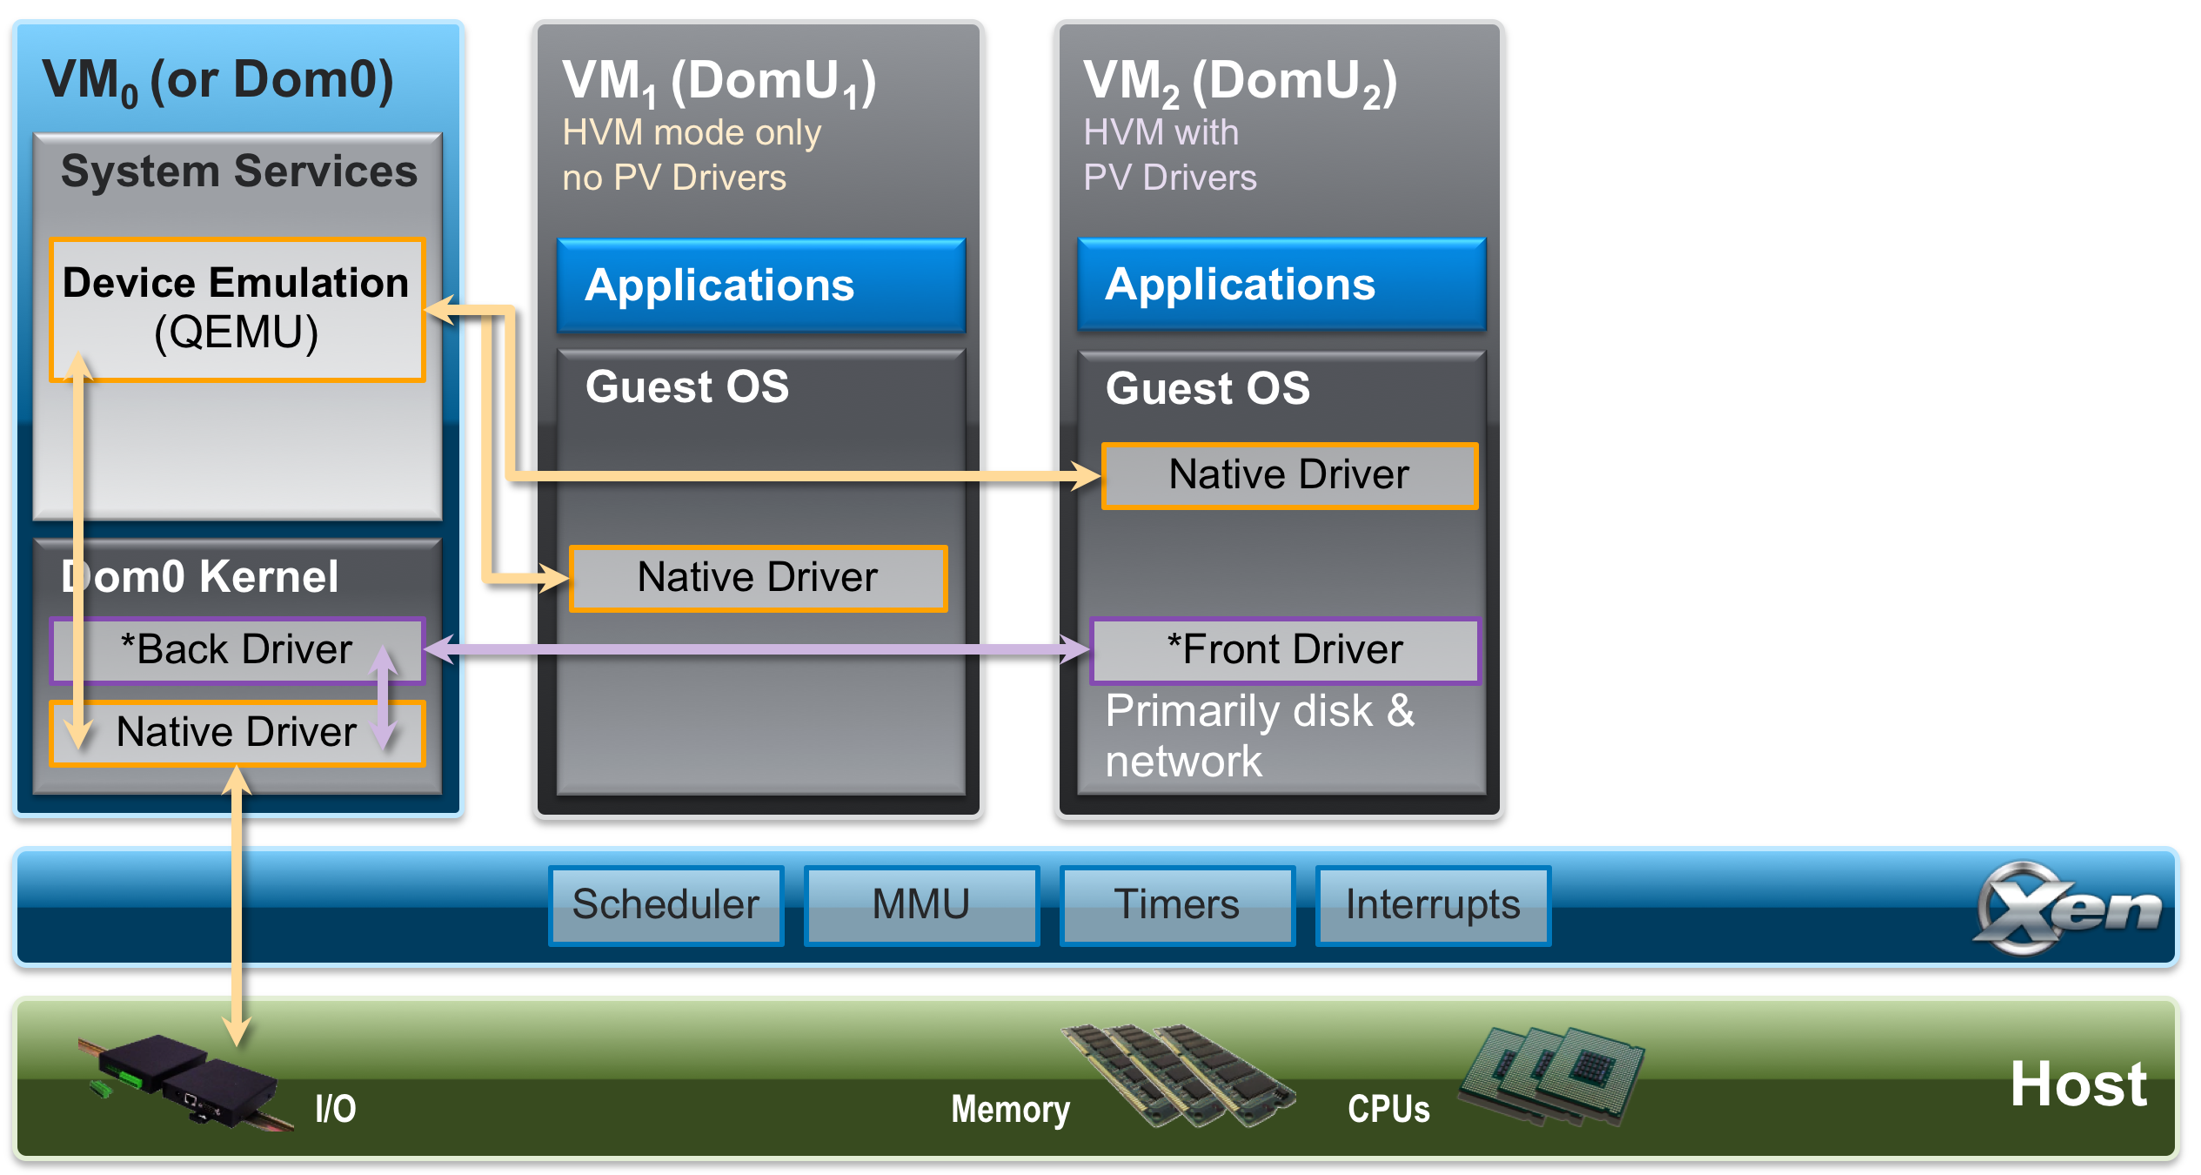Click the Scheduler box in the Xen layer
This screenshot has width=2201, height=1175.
click(666, 905)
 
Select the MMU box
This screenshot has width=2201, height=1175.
click(921, 905)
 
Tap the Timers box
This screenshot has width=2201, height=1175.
click(1177, 905)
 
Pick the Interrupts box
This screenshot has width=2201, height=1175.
click(1433, 905)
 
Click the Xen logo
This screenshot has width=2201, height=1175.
click(2066, 908)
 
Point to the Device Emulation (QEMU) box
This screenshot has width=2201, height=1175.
click(237, 309)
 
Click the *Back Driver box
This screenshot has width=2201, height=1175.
click(237, 650)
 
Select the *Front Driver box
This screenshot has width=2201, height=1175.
click(1285, 650)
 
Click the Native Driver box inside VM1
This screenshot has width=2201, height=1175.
click(758, 578)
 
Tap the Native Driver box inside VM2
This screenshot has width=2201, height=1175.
click(1289, 475)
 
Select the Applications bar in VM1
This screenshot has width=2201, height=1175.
click(761, 285)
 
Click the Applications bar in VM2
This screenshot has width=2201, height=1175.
click(1281, 285)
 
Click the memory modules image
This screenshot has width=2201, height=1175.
click(1179, 1075)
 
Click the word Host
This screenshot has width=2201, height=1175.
click(2078, 1084)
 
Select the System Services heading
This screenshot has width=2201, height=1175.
click(239, 171)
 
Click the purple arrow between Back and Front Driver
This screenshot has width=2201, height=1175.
click(757, 648)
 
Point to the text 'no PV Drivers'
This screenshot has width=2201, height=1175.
click(674, 178)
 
